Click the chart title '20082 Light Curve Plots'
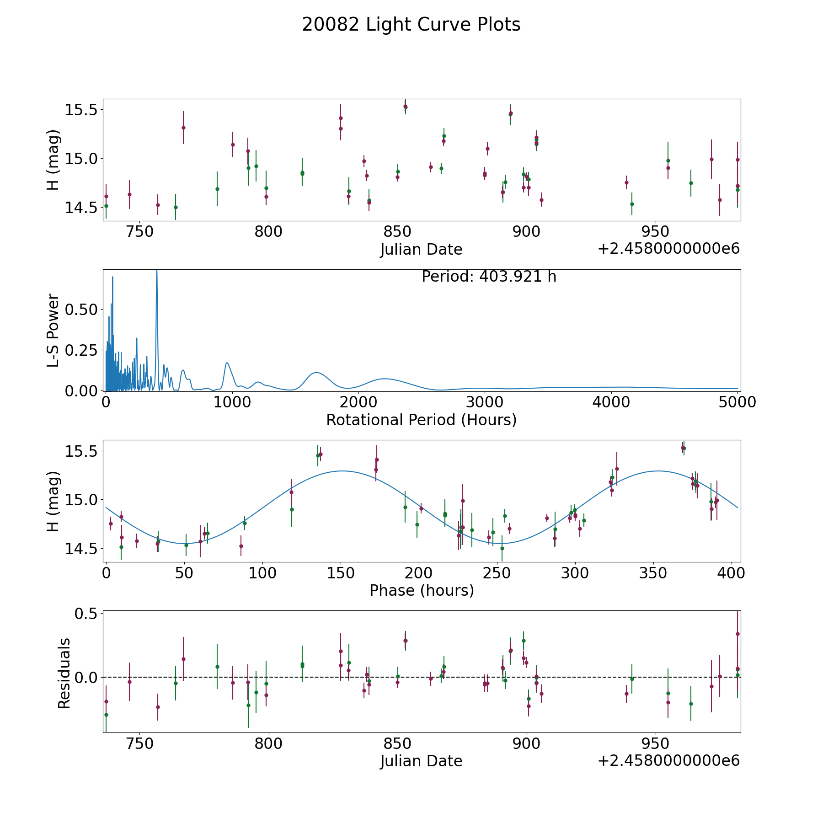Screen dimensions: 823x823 point(411,25)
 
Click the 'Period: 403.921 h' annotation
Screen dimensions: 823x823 point(489,277)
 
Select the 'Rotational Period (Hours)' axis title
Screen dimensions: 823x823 point(421,420)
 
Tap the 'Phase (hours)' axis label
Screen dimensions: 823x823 point(421,590)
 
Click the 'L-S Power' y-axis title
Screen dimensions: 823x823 point(53,330)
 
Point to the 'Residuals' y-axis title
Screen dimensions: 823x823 point(64,673)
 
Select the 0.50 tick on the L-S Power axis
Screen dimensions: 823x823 point(81,310)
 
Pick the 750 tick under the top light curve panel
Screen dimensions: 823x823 point(139,231)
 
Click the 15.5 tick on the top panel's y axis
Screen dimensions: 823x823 point(80,110)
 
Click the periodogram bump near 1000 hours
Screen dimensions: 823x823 point(227,363)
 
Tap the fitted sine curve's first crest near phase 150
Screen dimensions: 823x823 point(342,471)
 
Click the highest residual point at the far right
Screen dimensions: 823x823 point(737,634)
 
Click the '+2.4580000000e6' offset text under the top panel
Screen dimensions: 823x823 point(668,249)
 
